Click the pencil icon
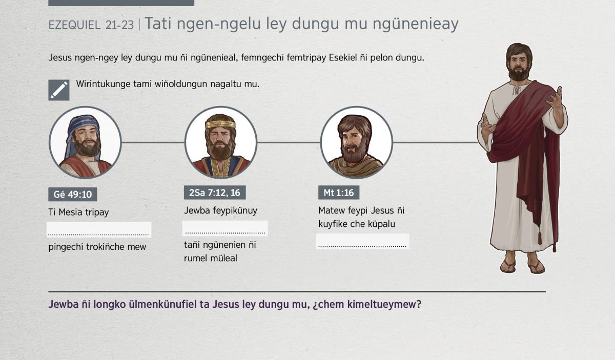(59, 90)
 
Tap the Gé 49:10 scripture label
(72, 194)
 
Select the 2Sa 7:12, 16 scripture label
(215, 193)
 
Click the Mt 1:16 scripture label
(339, 193)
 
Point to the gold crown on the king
(220, 124)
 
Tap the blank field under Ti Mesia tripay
(99, 229)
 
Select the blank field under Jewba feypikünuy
(225, 228)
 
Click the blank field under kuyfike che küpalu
(362, 241)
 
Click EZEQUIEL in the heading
(74, 25)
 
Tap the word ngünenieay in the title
(415, 24)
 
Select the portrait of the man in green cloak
(356, 142)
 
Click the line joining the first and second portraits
(153, 142)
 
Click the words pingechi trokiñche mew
(97, 247)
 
